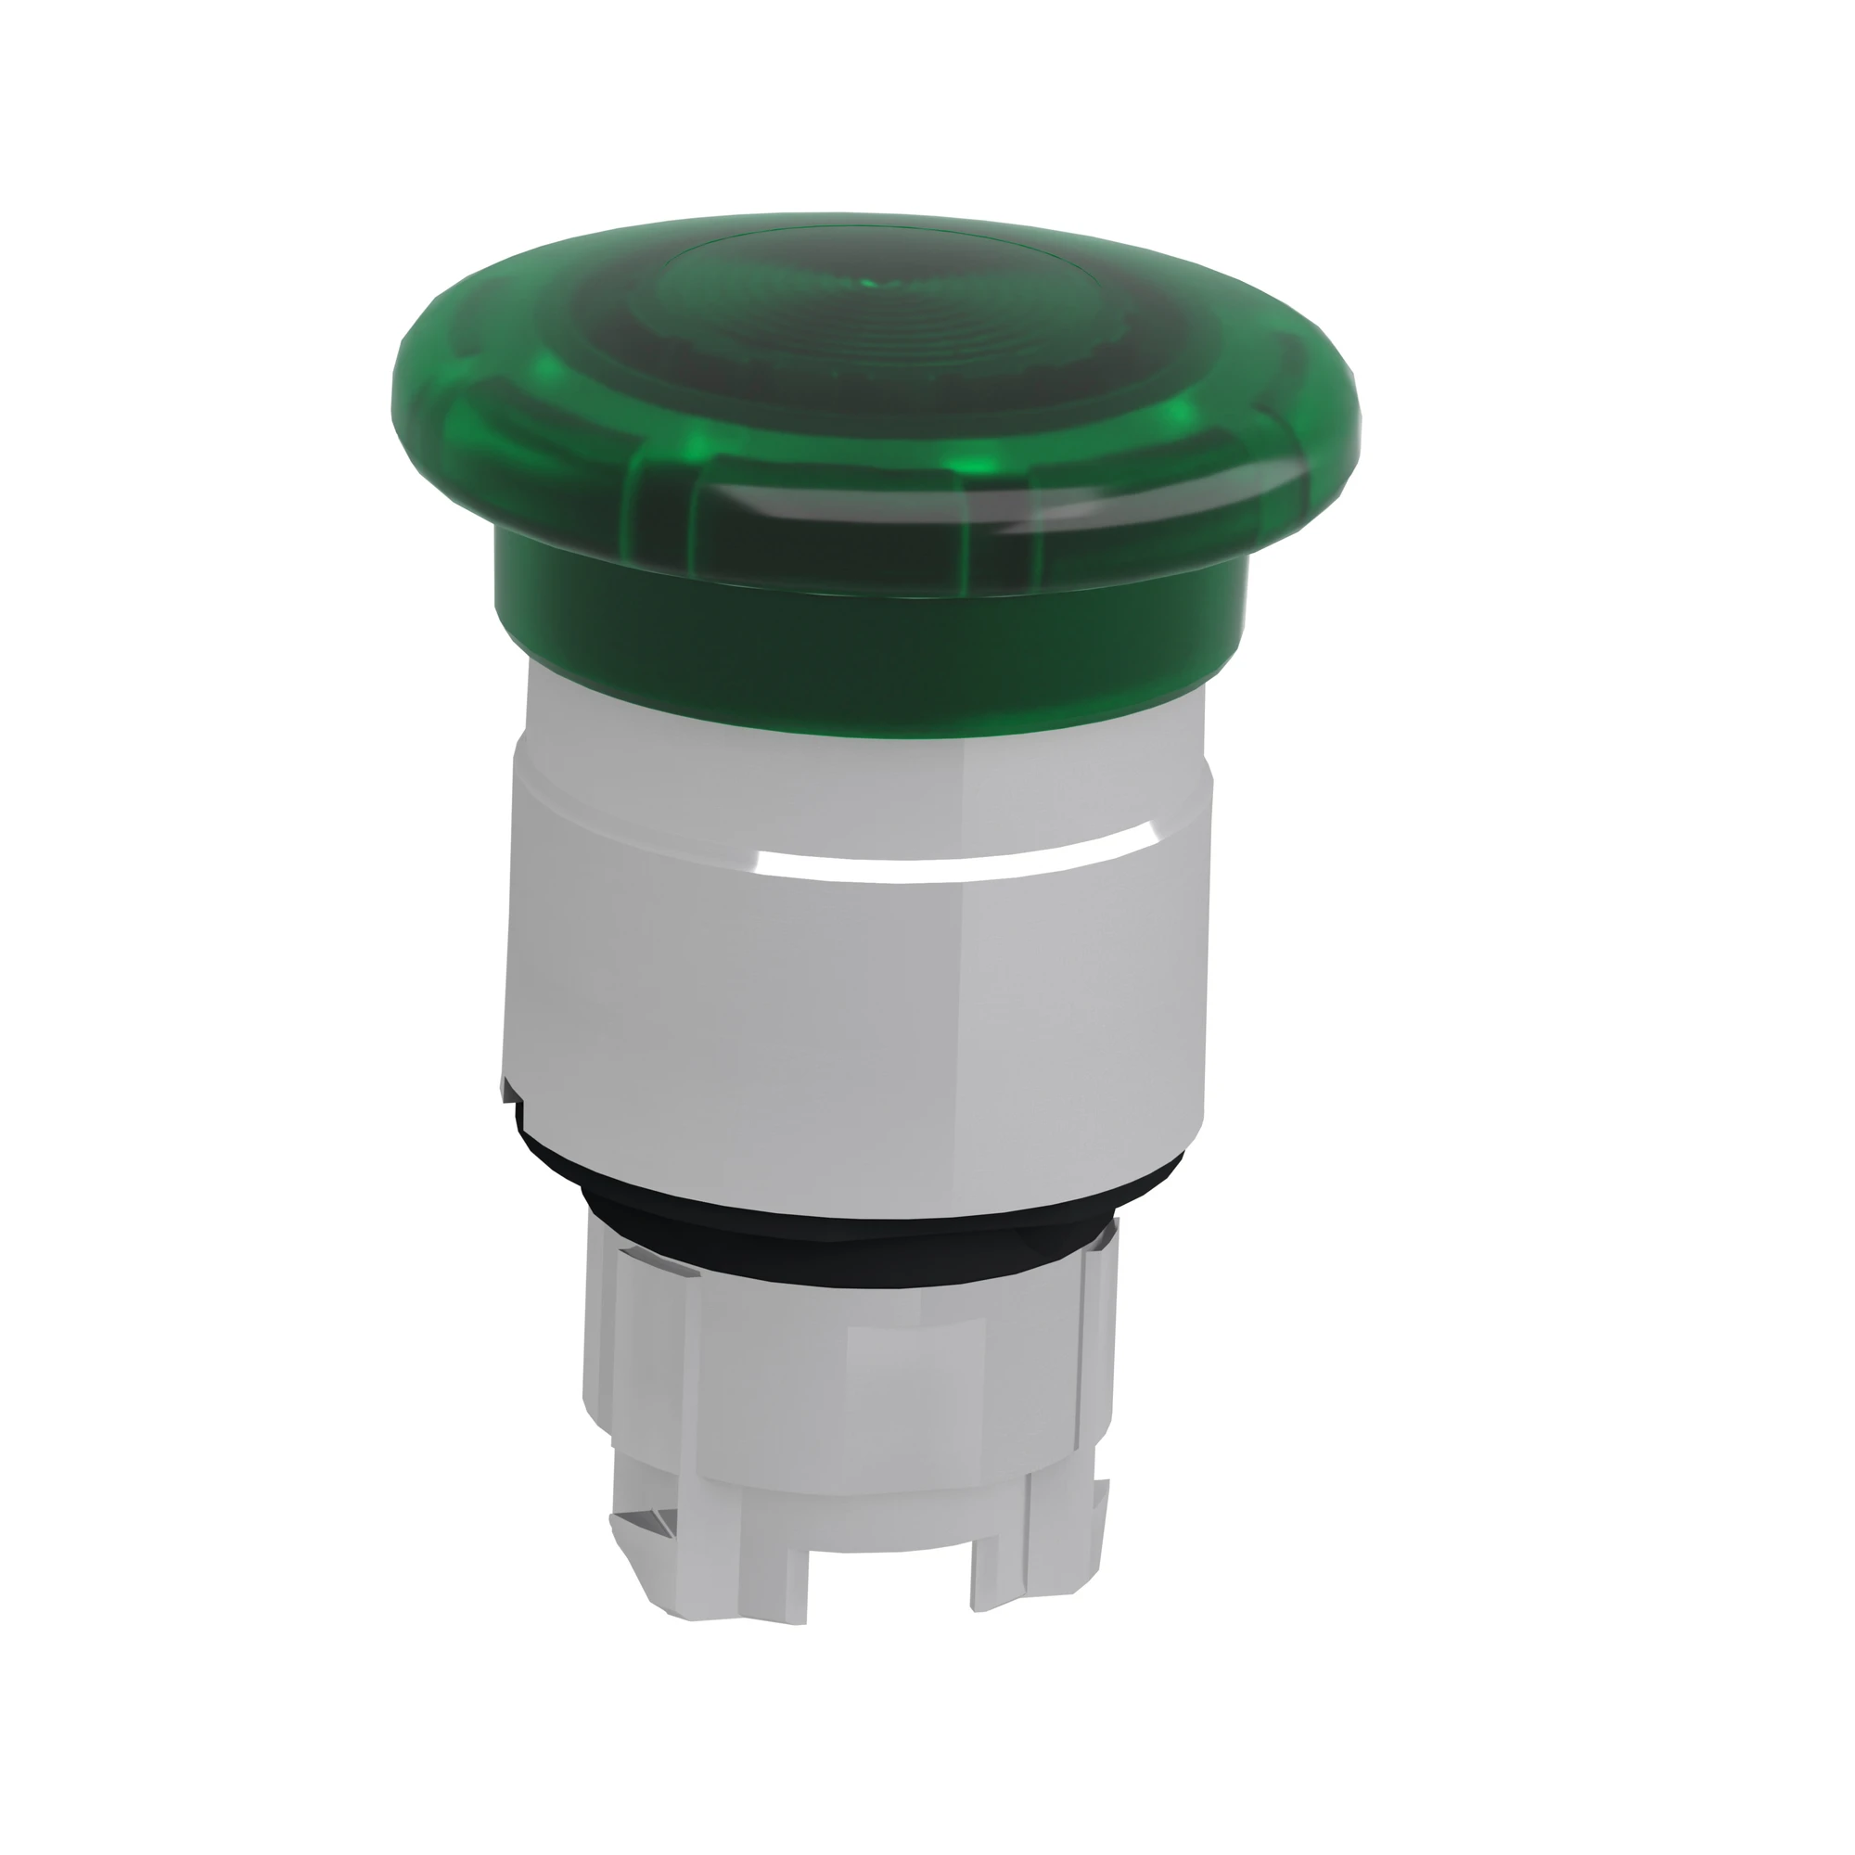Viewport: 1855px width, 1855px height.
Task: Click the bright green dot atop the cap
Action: tap(869, 283)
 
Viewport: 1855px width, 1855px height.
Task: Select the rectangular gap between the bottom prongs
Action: tap(889, 1575)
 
